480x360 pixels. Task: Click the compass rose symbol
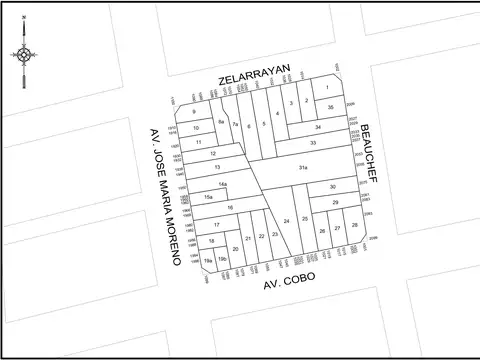click(x=25, y=55)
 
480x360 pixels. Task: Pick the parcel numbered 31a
click(x=302, y=168)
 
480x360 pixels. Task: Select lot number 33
click(x=313, y=143)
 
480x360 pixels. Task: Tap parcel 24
click(x=287, y=220)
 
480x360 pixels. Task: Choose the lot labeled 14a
click(x=223, y=185)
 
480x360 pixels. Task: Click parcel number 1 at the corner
click(x=326, y=89)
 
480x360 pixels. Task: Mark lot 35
click(x=330, y=106)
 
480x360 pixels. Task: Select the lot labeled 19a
click(x=208, y=260)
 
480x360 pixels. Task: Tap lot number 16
click(x=230, y=207)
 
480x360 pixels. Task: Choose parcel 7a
click(x=235, y=124)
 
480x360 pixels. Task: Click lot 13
click(x=217, y=167)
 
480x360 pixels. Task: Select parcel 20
click(x=235, y=249)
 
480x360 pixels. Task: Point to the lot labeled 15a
click(x=208, y=199)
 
